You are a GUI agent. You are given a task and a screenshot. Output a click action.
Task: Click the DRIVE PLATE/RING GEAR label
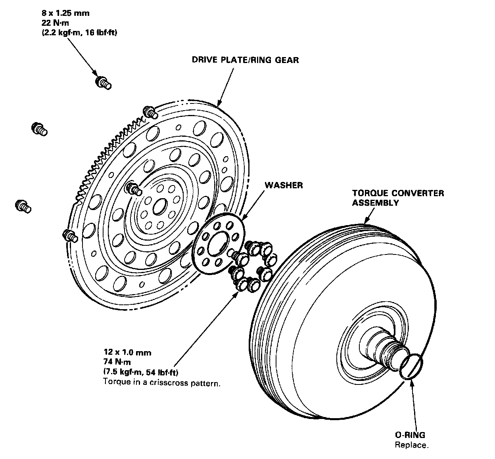(x=245, y=60)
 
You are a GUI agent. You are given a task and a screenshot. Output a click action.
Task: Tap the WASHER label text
(x=284, y=185)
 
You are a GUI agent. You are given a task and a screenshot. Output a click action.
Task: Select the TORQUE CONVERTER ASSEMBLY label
(x=398, y=198)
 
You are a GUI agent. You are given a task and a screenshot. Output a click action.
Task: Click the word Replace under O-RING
(x=411, y=445)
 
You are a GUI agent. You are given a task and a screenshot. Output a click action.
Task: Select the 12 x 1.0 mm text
(x=127, y=352)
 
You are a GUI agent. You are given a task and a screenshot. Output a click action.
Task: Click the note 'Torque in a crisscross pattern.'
(x=161, y=383)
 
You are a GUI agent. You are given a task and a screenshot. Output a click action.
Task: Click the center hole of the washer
(x=217, y=241)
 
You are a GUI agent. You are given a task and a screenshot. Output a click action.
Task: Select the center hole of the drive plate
(x=161, y=206)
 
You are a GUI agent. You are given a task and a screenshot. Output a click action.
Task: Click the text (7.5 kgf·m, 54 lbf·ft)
(x=140, y=372)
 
